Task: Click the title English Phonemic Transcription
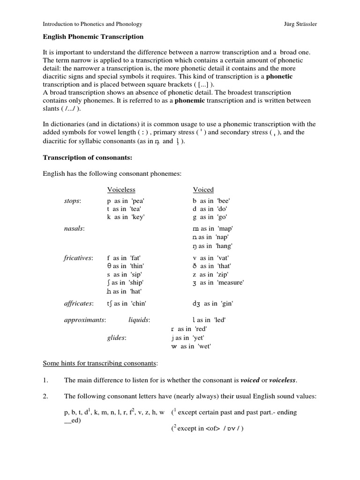coord(93,37)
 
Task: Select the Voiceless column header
coord(121,190)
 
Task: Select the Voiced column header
coord(203,190)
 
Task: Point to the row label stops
coord(72,201)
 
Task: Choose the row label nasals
coord(74,228)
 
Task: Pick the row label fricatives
coord(78,258)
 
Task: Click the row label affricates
coord(79,304)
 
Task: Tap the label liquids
coord(139,320)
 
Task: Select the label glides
coord(116,337)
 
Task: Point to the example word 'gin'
coord(225,304)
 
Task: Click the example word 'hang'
coord(224,246)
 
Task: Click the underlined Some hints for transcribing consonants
coord(100,363)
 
